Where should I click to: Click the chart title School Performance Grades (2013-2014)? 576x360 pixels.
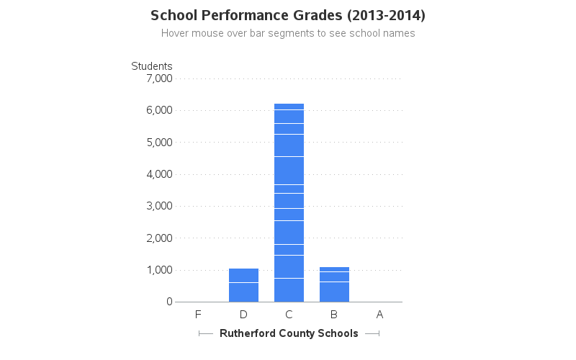point(288,15)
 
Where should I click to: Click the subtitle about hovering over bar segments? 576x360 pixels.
point(288,33)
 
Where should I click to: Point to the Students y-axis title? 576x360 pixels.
point(152,66)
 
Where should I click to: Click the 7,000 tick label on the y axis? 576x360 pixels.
point(159,78)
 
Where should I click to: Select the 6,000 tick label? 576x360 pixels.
point(159,110)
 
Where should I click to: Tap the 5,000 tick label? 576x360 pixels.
point(159,142)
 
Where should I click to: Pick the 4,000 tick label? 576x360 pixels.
point(159,174)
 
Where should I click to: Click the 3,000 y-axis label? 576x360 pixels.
point(159,206)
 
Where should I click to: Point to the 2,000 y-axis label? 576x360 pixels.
point(159,238)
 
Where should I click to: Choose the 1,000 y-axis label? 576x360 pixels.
point(159,270)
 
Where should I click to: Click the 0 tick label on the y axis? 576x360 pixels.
point(169,302)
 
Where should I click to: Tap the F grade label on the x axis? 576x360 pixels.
point(198,315)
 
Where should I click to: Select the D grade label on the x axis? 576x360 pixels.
point(243,315)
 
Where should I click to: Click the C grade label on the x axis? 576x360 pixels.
point(289,315)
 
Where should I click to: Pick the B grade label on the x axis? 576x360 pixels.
point(334,315)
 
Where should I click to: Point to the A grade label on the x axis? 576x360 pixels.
point(379,315)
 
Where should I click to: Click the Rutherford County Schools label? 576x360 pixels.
point(289,333)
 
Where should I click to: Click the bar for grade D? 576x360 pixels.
point(243,285)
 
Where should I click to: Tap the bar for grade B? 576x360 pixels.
point(334,284)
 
